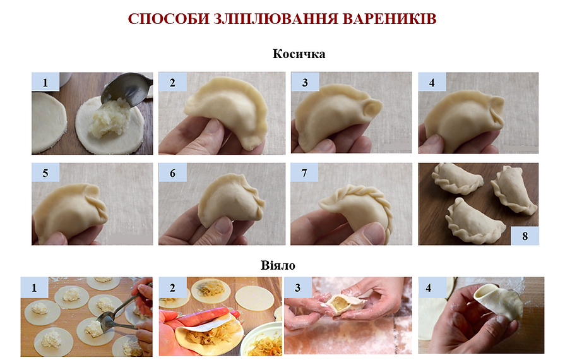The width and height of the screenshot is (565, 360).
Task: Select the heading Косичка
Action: (299, 54)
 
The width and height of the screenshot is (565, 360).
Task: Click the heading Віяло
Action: (278, 266)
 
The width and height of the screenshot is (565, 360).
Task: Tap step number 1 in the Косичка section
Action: (45, 82)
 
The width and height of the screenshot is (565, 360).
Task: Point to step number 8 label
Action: (525, 236)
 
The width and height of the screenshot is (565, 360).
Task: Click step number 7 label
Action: (304, 172)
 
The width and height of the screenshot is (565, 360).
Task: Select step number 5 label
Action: (45, 172)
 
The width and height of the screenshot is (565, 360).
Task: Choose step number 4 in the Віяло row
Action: (428, 287)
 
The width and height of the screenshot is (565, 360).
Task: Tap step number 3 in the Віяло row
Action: (297, 287)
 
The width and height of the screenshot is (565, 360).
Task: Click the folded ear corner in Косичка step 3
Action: (372, 109)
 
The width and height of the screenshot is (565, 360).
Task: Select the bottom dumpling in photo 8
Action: (475, 220)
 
